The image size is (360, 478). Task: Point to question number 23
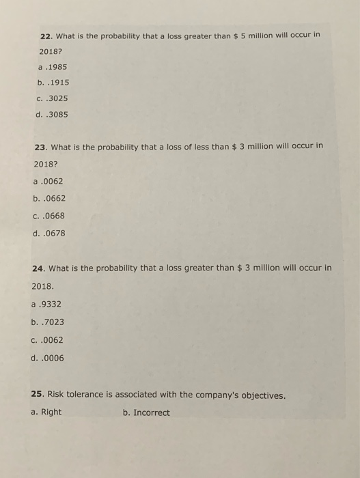tap(40, 145)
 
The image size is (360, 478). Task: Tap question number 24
tap(38, 268)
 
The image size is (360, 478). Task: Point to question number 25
tap(38, 395)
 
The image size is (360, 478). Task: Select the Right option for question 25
tap(51, 412)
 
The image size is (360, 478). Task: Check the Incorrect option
tap(151, 412)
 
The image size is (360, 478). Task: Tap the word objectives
tap(261, 395)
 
